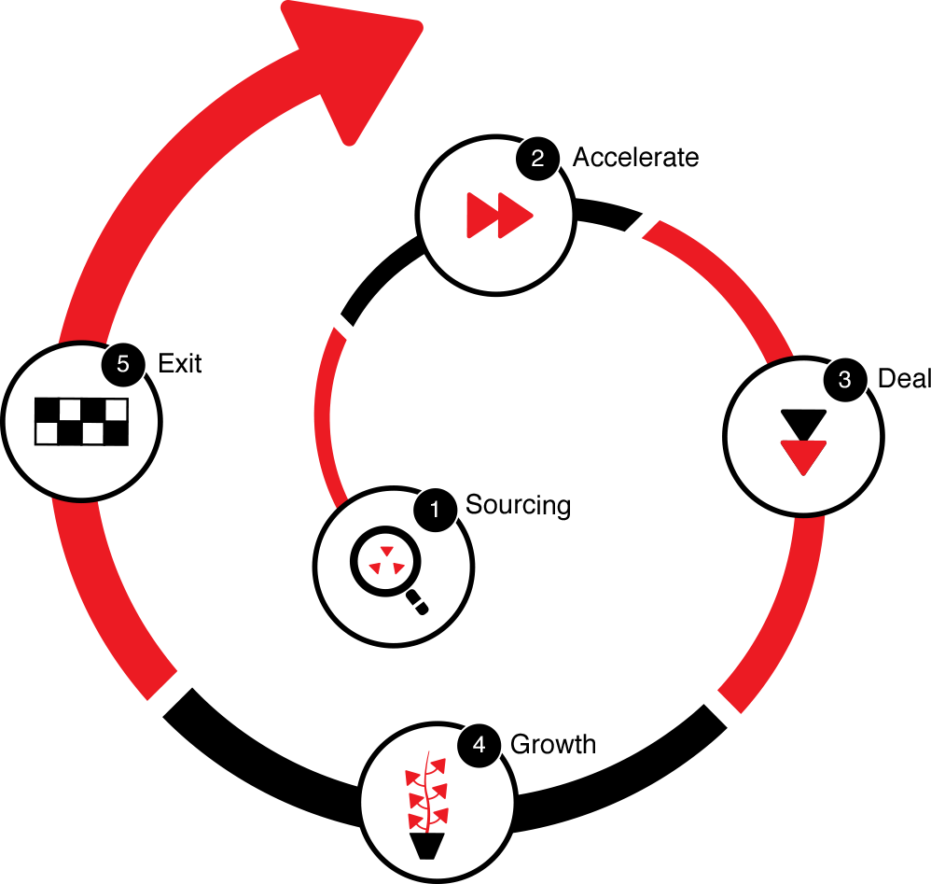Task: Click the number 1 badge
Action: (x=433, y=510)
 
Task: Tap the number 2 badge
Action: (x=537, y=159)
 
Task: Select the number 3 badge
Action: (x=844, y=380)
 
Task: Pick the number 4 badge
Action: (x=479, y=745)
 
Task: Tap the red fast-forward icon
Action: (x=498, y=215)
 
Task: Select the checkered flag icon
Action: (x=81, y=422)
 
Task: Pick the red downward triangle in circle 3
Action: (x=803, y=456)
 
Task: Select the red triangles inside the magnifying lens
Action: (x=385, y=561)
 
